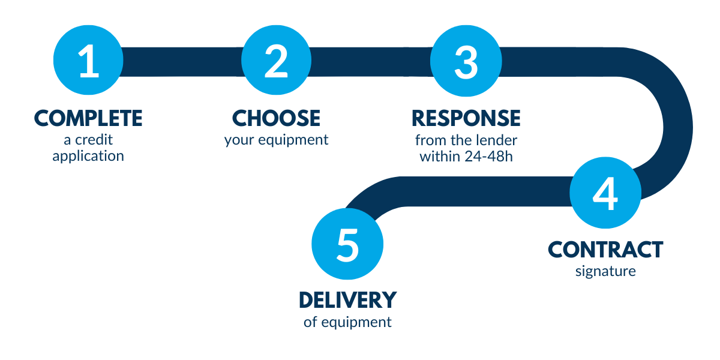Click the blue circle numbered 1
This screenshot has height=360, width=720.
pos(88,60)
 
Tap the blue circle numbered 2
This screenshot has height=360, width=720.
pos(277,60)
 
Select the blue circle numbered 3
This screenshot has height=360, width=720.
pos(466,61)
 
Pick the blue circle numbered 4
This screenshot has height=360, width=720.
pos(605,193)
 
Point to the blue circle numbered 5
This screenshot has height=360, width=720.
pos(347,244)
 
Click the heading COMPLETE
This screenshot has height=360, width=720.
pos(88,118)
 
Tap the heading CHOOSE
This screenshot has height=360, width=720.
pos(276,118)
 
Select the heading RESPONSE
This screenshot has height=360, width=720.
pos(466,118)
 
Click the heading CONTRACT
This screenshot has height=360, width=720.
pos(605,250)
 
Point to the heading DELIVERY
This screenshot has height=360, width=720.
pos(348,300)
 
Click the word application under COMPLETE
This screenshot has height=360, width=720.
pos(88,157)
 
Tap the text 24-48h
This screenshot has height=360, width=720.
pos(488,157)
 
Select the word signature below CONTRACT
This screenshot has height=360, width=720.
pos(605,272)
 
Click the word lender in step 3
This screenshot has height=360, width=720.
pos(496,140)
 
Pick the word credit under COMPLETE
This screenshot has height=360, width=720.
pos(94,140)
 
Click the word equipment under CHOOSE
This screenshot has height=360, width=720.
pos(293,140)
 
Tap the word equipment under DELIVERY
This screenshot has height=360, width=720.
pos(356,323)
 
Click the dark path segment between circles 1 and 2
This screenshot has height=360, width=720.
pos(182,62)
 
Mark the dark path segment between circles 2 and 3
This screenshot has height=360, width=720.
pos(371,62)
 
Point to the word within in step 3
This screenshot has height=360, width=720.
pos(440,157)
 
